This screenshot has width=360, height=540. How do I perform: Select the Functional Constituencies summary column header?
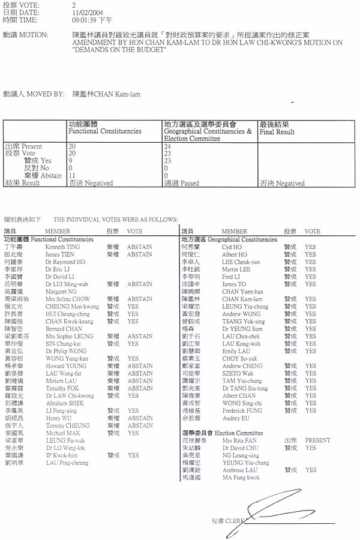[x=104, y=127]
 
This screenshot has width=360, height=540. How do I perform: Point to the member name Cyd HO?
[x=232, y=247]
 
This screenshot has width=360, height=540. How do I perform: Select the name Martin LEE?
[x=236, y=269]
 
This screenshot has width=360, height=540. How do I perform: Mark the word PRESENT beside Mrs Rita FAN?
[x=317, y=440]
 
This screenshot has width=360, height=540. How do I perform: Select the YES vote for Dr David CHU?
[x=310, y=448]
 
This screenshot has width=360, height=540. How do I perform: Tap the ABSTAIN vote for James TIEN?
[x=139, y=254]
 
